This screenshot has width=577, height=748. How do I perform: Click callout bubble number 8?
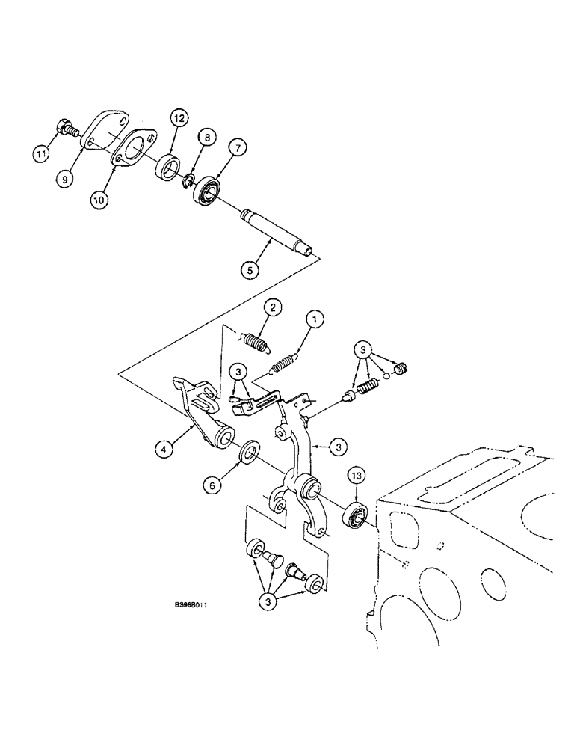coord(207,137)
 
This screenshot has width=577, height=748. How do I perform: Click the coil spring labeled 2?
coord(256,342)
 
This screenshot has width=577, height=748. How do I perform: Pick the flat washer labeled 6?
coord(248,453)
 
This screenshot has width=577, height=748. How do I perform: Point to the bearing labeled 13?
coord(357,515)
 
